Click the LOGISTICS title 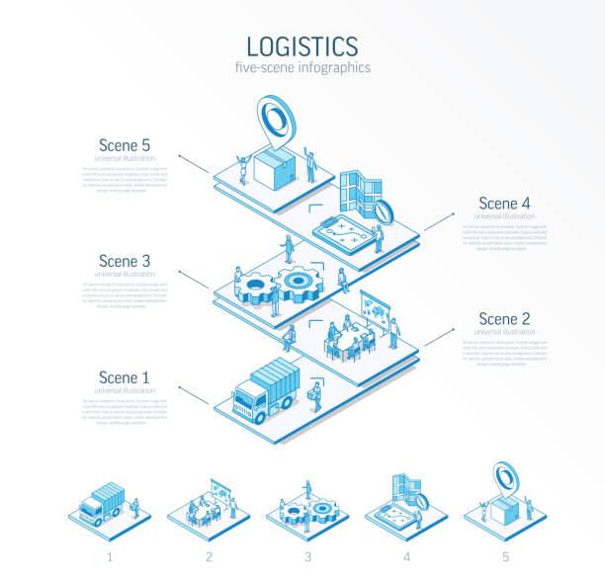tap(302, 45)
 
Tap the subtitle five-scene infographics tap(302, 68)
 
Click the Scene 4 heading tap(504, 203)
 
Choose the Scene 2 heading tap(504, 318)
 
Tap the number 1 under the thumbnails tap(110, 557)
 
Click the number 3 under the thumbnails tap(307, 557)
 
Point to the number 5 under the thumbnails tap(505, 557)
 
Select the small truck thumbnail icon tap(103, 502)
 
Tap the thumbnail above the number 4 tap(407, 504)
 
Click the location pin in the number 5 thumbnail tap(506, 479)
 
